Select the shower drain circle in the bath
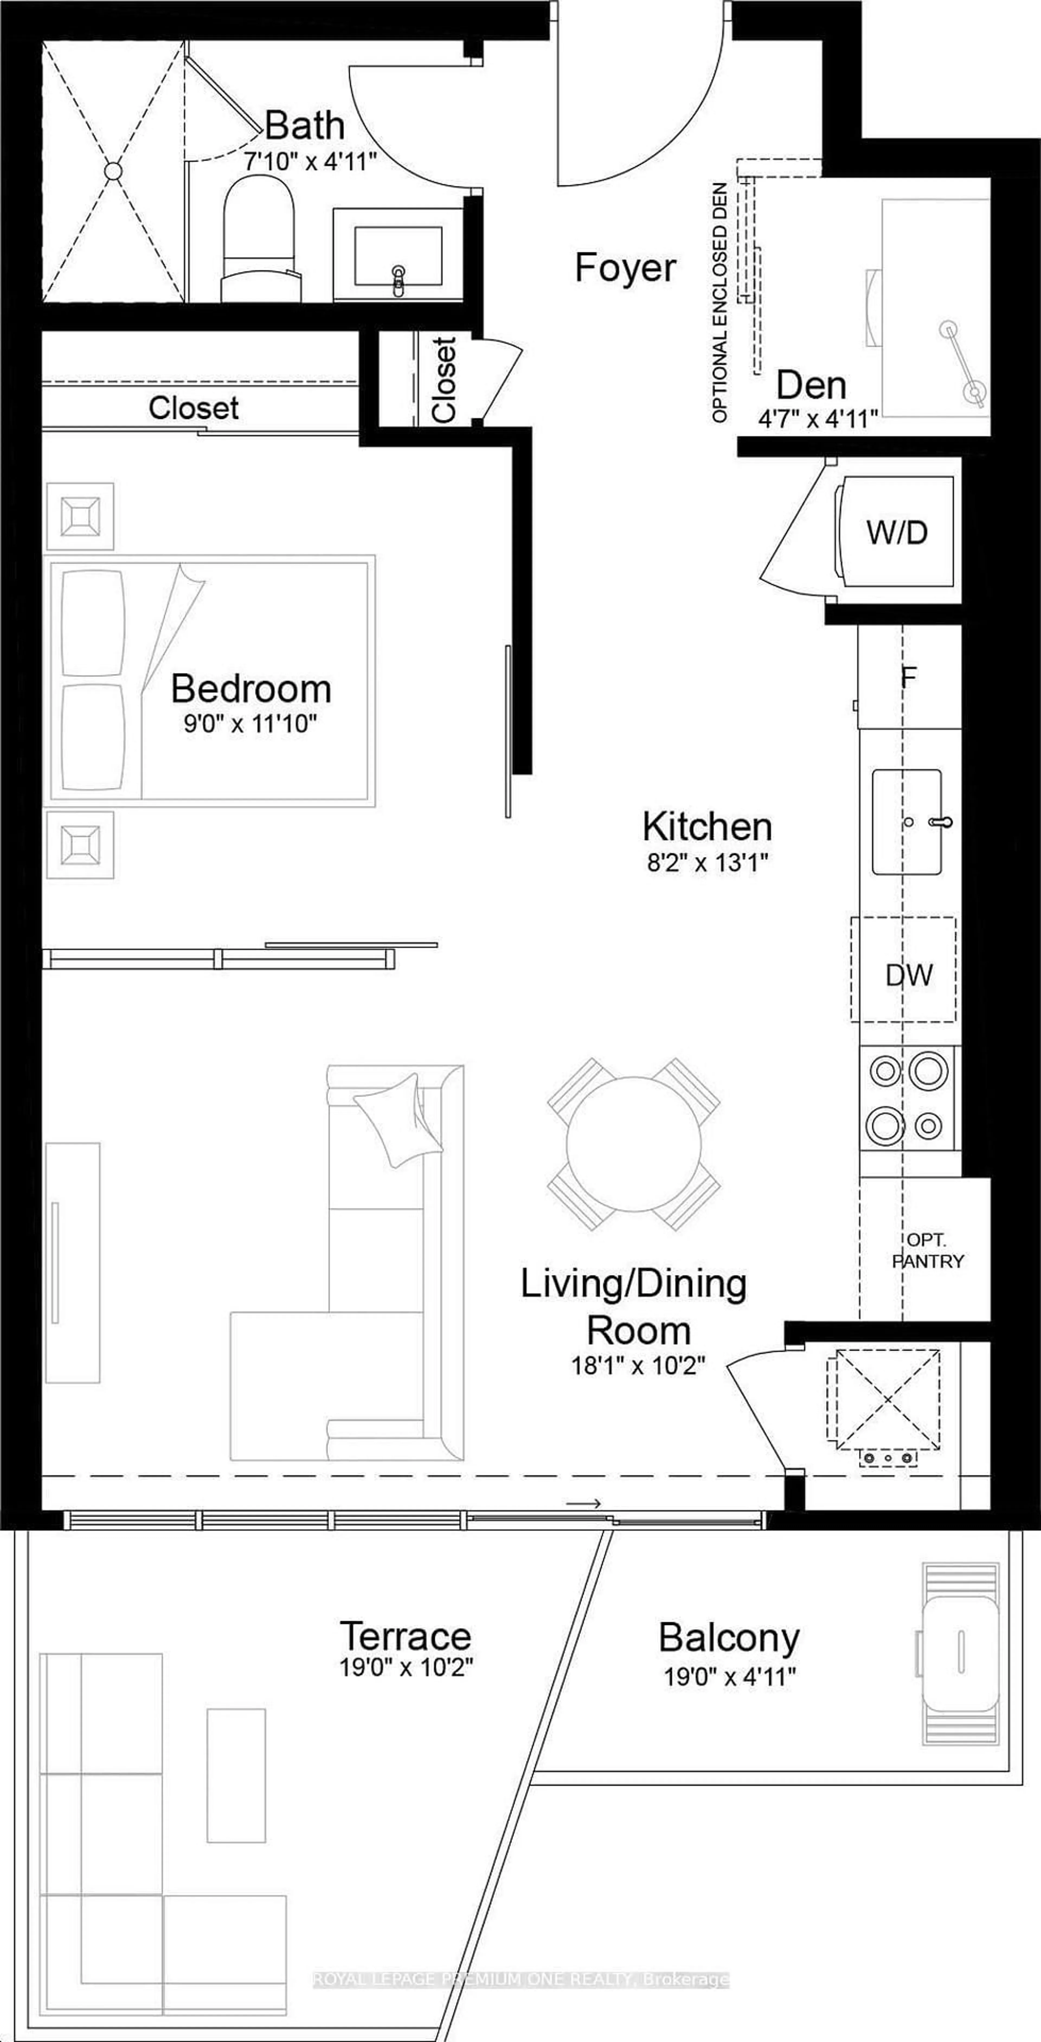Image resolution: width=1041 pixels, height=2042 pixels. click(113, 171)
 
